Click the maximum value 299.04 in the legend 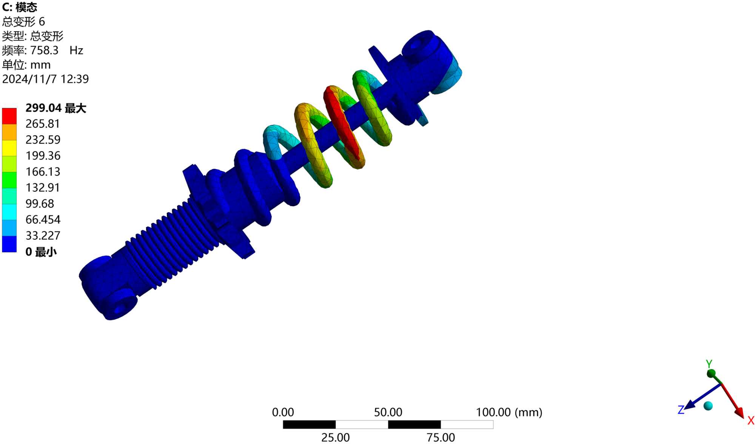[x=43, y=108]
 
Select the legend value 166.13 [x=43, y=172]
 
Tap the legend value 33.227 [x=43, y=236]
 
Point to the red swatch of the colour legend [x=9, y=116]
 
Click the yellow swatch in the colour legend [x=9, y=148]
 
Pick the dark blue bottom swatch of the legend [x=9, y=244]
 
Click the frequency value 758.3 [x=44, y=50]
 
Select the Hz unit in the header [x=76, y=50]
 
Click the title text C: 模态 [x=20, y=7]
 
